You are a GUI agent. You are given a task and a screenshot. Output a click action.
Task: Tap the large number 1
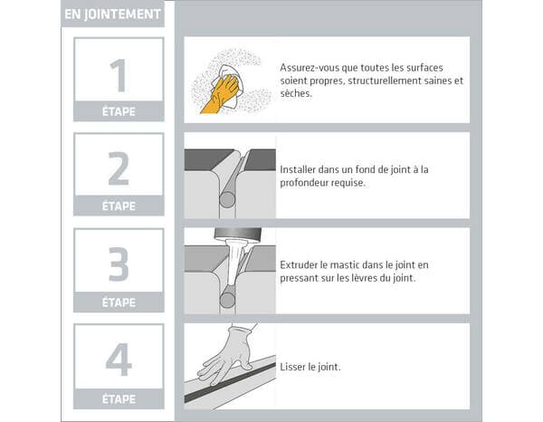pyautogui.click(x=118, y=75)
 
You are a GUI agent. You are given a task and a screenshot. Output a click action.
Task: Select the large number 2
pyautogui.click(x=119, y=169)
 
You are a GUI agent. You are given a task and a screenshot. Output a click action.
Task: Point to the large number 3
pyautogui.click(x=119, y=264)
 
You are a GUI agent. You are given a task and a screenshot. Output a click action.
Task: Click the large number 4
pyautogui.click(x=119, y=360)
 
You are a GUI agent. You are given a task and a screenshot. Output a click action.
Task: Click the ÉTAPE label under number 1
pyautogui.click(x=119, y=112)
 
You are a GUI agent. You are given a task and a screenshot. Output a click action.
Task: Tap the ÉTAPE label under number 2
pyautogui.click(x=119, y=206)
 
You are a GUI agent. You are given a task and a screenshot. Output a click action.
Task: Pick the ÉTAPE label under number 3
pyautogui.click(x=119, y=302)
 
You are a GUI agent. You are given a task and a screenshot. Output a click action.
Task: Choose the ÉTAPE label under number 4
pyautogui.click(x=119, y=398)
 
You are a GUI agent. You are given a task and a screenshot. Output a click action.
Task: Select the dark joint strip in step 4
pyautogui.click(x=235, y=386)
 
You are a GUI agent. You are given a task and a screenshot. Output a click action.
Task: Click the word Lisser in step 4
pyautogui.click(x=295, y=367)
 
